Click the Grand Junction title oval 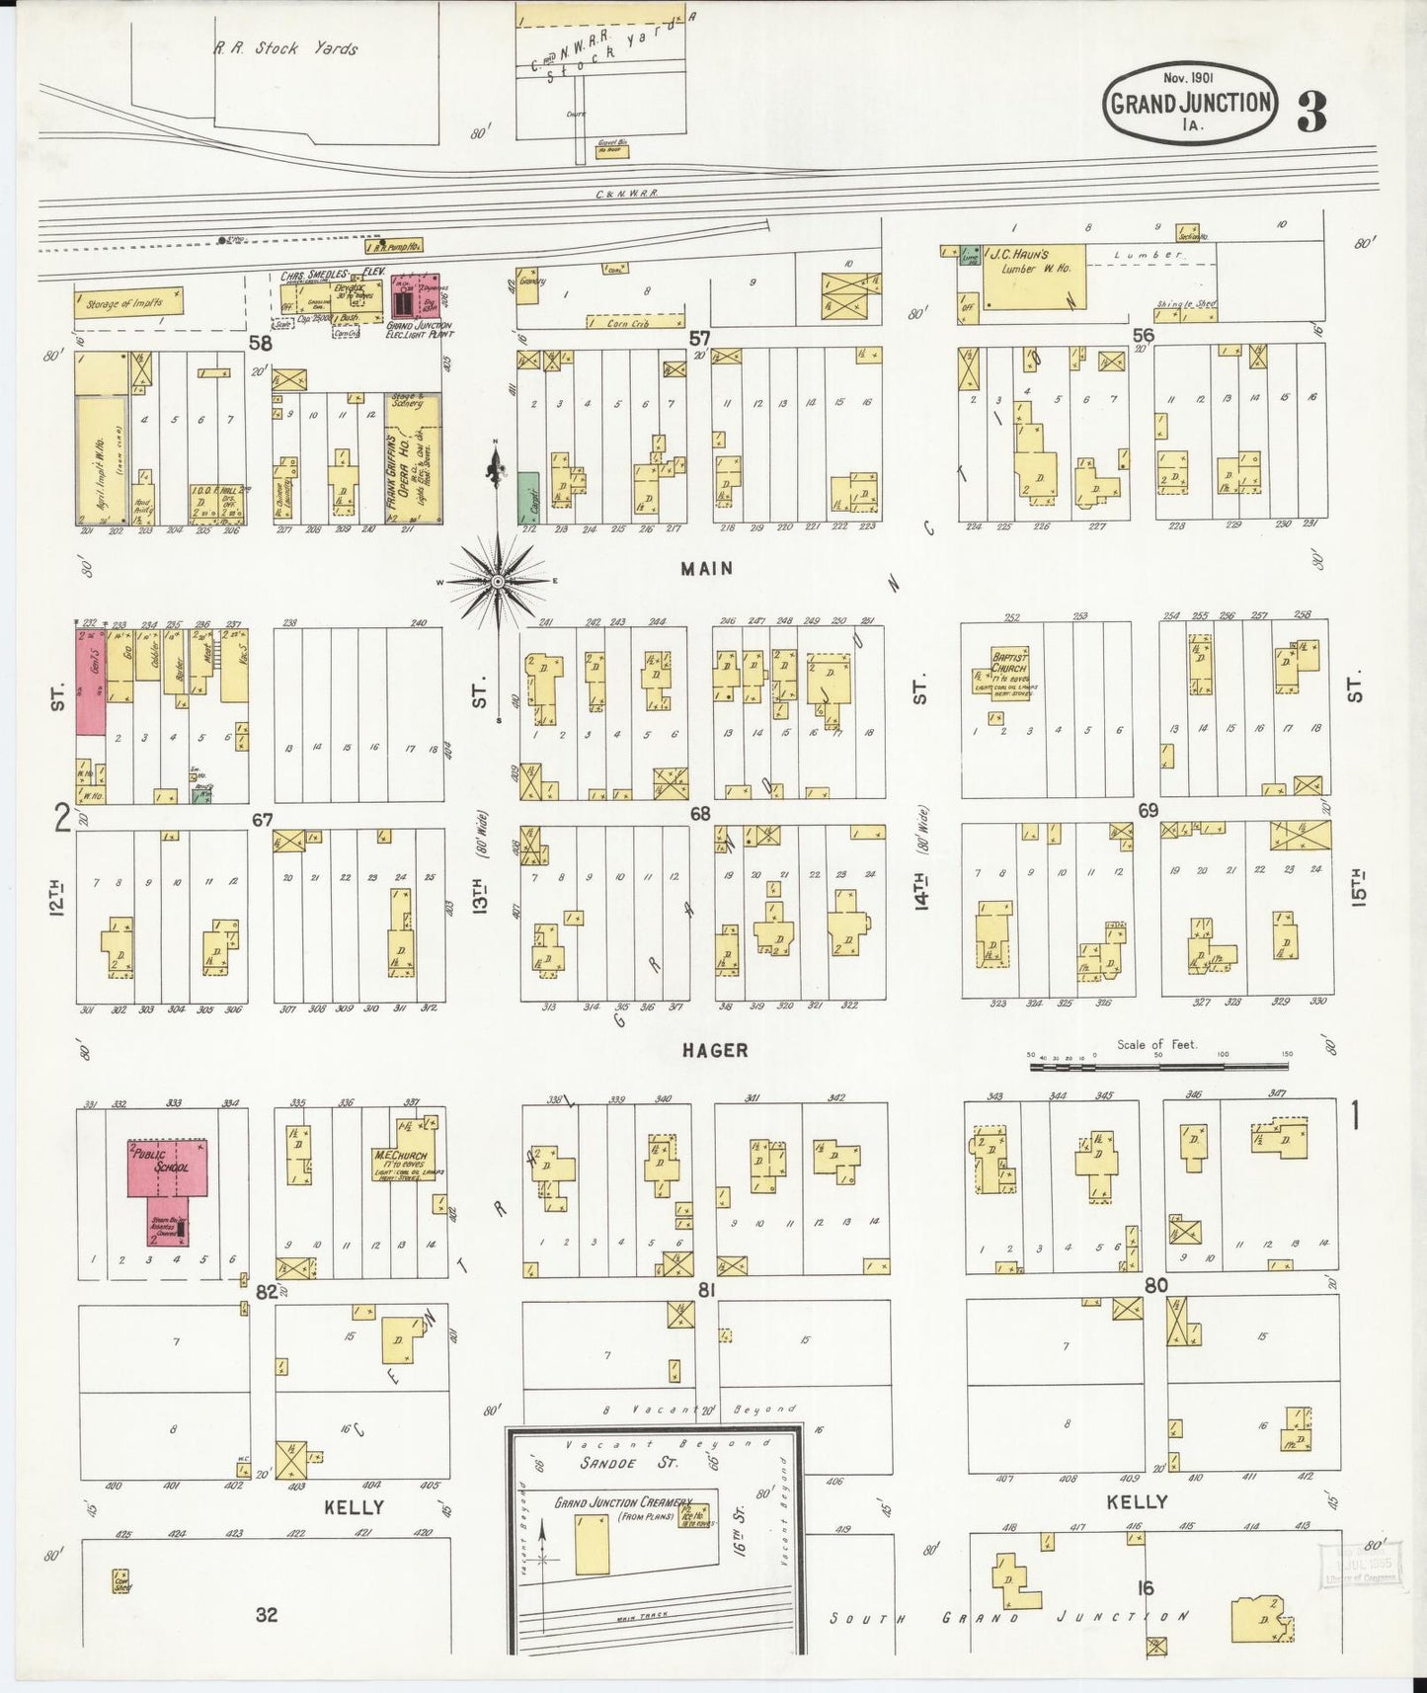1190,103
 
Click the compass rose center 498,582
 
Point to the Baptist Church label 1009,662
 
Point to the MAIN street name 706,568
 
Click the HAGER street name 715,1050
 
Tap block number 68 699,814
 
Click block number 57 699,339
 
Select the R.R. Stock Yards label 286,47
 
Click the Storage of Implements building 127,303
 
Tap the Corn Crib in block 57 634,322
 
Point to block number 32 267,1614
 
